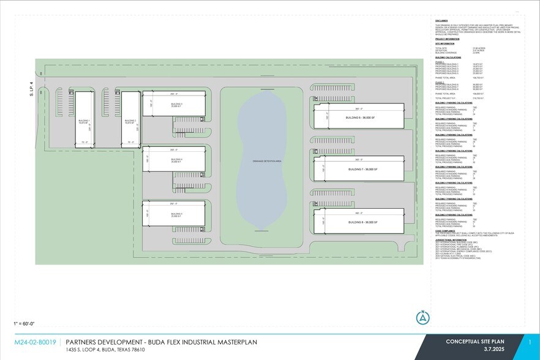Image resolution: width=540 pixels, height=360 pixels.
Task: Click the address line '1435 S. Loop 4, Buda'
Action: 105,350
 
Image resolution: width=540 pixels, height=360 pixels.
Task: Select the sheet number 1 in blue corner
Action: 529,342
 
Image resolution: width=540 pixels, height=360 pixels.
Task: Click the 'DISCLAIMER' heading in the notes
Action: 443,19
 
